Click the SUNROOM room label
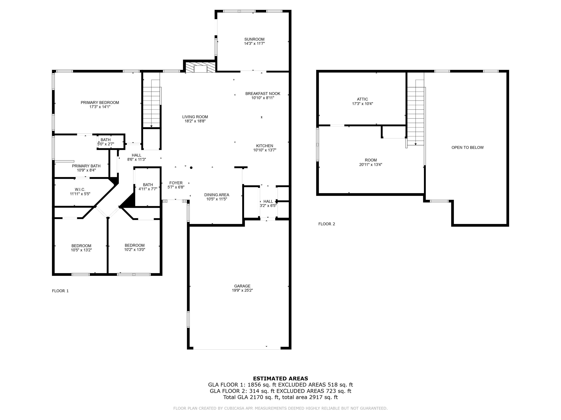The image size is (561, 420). pos(254,39)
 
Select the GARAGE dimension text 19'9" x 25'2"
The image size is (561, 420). pos(242,290)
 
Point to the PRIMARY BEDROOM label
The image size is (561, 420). pos(100,102)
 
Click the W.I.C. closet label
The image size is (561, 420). pos(80,190)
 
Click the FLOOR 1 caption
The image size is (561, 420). pos(60,291)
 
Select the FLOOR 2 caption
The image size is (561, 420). pos(327,224)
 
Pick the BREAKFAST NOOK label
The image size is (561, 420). pos(263,94)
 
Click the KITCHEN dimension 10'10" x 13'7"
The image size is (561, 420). pos(265,150)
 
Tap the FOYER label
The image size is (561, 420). pos(176,183)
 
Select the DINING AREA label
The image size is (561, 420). pos(217,195)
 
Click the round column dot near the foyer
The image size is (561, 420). pos(191,168)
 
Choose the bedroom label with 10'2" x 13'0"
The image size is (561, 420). pos(135,245)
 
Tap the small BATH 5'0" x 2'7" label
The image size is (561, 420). pos(106,140)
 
